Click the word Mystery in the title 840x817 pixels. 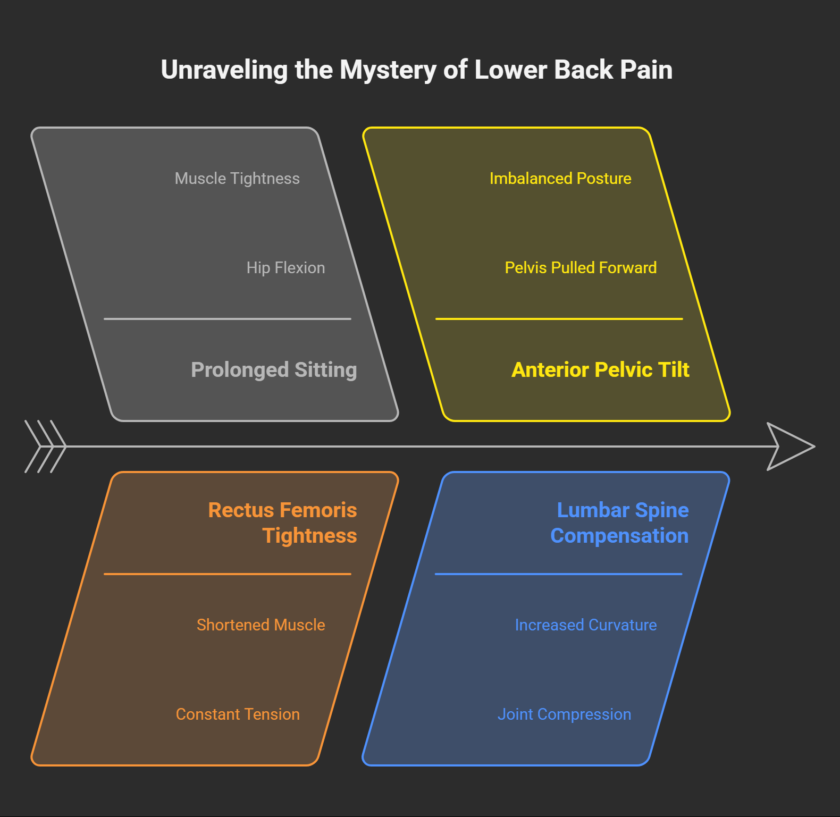388,70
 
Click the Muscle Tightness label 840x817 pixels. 237,179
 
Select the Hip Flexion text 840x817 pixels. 285,268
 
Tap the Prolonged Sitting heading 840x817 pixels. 274,370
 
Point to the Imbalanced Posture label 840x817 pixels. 560,179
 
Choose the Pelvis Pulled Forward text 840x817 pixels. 581,268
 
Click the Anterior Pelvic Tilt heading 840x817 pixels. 600,370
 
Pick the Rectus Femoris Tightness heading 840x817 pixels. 282,523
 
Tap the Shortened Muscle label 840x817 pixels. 261,625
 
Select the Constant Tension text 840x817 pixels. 238,714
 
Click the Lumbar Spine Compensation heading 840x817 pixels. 619,523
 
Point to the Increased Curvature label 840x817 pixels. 586,625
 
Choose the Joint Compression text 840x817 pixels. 564,714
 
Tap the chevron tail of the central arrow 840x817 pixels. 45,447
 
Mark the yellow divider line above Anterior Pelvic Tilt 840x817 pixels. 559,319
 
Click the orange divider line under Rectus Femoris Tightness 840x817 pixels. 228,574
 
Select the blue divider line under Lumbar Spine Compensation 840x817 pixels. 558,574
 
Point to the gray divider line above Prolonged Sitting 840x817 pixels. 228,319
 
